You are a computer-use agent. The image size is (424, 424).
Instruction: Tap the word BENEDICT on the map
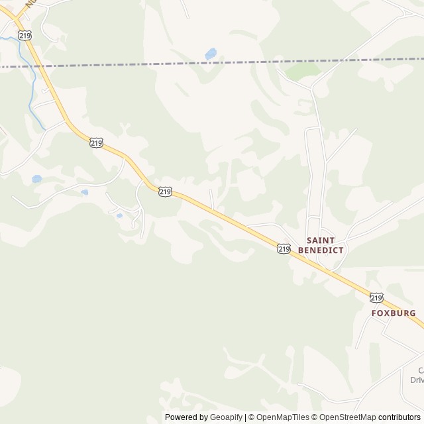321,250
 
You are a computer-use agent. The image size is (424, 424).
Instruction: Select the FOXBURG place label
394,313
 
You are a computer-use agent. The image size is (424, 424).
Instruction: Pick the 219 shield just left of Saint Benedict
284,249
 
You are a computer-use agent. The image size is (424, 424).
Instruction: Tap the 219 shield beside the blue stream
25,35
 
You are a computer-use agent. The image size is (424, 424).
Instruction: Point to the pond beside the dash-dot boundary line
211,54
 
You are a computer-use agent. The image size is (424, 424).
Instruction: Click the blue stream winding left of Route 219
30,86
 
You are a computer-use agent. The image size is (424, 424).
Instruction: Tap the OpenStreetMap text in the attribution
345,417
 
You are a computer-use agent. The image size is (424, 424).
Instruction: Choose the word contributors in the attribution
399,417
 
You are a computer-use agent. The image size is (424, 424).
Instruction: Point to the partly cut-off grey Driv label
417,380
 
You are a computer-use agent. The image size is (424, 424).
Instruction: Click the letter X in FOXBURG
387,313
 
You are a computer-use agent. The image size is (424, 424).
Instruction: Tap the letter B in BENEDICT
301,250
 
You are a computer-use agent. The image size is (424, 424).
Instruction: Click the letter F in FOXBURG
374,313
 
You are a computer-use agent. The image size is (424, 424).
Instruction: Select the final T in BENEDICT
341,250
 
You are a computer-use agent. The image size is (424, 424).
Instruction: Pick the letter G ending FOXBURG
413,313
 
